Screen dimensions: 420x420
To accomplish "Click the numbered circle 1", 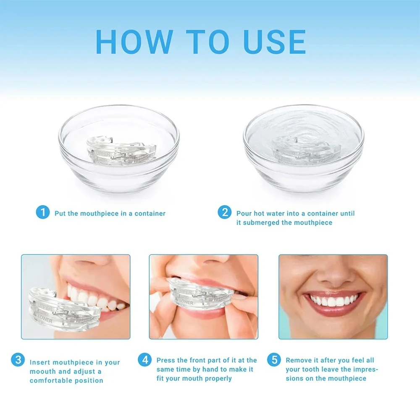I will tap(42, 213).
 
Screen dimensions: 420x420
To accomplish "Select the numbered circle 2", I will tap(224, 213).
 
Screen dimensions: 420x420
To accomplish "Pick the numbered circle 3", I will tap(18, 360).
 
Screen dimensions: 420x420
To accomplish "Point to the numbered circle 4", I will tap(145, 360).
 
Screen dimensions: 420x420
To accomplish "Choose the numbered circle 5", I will tap(274, 360).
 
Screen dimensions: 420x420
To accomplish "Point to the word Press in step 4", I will tap(166, 360).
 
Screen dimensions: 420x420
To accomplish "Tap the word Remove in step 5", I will tap(298, 360).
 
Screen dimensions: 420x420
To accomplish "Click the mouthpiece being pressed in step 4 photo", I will tap(197, 296).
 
